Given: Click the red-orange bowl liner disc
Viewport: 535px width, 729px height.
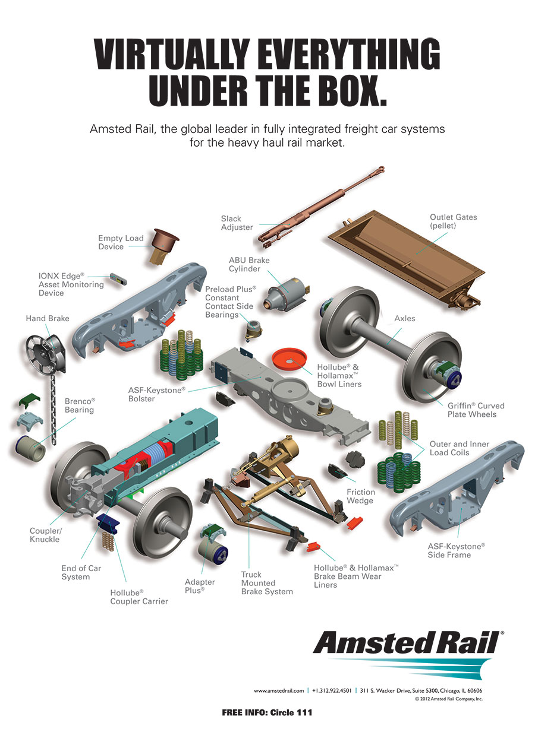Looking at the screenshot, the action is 289,359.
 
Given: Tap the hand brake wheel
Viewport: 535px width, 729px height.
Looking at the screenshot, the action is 42,356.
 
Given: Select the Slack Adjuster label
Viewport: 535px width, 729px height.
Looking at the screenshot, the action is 237,223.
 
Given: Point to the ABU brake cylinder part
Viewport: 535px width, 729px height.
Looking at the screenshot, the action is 286,294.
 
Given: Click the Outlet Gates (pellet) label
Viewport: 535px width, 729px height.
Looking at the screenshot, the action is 453,221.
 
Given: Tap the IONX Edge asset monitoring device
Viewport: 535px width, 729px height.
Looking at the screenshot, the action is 118,279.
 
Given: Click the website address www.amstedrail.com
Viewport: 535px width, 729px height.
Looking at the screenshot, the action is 279,690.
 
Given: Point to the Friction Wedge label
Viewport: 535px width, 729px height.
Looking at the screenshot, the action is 361,496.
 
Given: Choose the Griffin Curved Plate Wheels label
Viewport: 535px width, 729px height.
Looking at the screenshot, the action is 476,410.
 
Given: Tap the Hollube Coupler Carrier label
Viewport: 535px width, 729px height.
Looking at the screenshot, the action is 139,597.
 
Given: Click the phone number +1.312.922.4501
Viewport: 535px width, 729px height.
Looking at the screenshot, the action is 332,690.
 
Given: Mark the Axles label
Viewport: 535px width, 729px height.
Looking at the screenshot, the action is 405,318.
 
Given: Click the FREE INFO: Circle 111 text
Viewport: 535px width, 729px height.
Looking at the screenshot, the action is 267,713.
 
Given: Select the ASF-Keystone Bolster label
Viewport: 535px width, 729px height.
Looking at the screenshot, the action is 157,394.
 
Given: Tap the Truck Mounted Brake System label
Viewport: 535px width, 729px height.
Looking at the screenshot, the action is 267,583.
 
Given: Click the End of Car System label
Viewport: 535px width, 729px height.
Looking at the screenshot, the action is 81,572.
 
